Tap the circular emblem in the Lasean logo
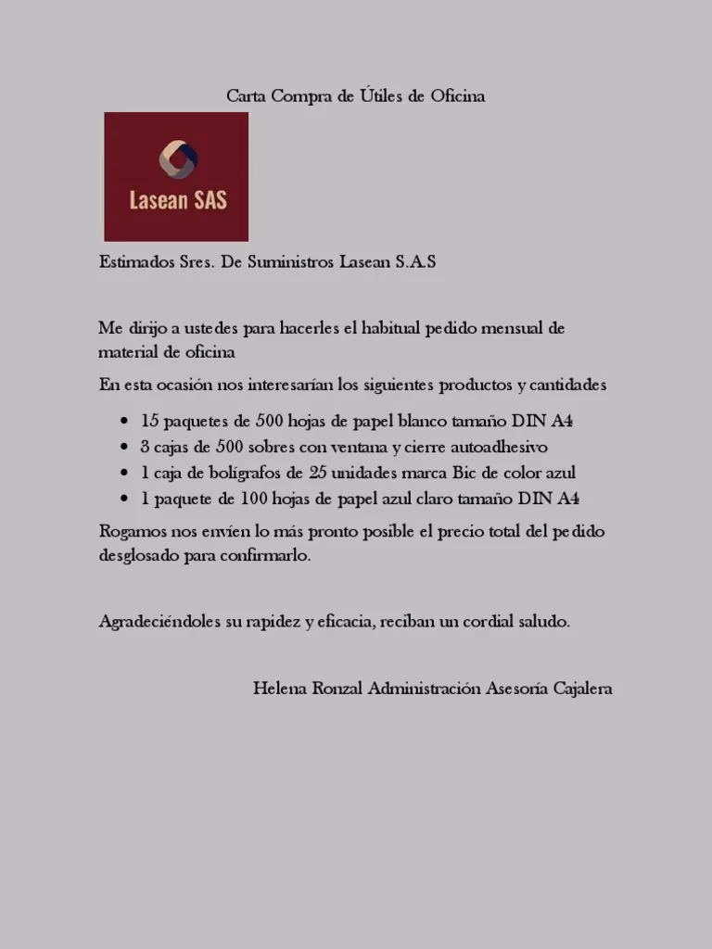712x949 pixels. tap(176, 159)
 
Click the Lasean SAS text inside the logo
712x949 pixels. tap(177, 200)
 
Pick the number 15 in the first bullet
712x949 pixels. tap(150, 421)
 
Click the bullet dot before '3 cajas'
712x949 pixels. tap(124, 448)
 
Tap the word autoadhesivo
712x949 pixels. tap(502, 447)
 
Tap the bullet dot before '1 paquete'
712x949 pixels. tap(124, 500)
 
